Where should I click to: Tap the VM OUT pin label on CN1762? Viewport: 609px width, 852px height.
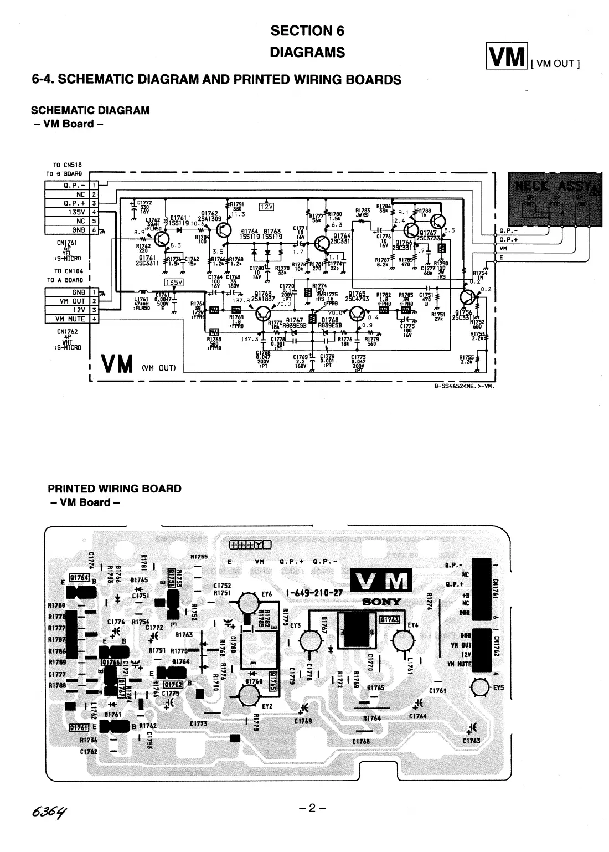point(72,301)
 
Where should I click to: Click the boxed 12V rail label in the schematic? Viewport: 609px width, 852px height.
point(267,207)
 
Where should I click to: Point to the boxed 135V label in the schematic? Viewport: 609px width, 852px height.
point(174,282)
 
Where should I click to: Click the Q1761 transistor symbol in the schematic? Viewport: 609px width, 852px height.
point(162,239)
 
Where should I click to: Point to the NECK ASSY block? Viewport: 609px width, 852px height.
point(555,200)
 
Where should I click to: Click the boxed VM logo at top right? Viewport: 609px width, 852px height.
point(506,57)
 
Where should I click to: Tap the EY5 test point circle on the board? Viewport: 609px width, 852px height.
point(480,688)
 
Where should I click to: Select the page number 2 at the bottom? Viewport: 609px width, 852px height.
point(312,808)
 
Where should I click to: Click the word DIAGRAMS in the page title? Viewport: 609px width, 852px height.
point(307,53)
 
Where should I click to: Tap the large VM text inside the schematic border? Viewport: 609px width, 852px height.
point(117,364)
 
